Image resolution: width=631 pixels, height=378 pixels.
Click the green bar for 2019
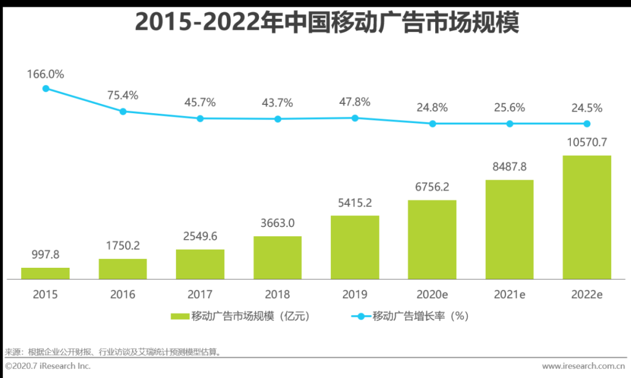355,247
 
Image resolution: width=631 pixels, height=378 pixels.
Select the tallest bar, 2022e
587,217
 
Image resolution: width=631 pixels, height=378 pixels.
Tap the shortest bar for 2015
46,273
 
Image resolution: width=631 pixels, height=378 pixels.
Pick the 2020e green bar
432,240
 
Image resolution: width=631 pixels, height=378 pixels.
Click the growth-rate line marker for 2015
46,89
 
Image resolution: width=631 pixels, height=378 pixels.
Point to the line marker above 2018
278,119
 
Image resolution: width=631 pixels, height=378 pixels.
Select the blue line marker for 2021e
509,124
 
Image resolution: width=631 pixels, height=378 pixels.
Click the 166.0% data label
46,75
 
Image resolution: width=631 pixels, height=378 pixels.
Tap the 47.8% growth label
355,102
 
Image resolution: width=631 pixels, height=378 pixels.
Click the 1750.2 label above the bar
123,246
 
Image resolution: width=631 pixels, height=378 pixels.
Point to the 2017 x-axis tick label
200,295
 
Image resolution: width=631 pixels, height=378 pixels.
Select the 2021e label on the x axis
509,295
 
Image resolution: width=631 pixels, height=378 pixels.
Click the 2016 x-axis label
123,295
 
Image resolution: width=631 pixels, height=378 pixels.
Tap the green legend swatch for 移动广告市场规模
180,317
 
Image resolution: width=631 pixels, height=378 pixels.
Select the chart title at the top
327,23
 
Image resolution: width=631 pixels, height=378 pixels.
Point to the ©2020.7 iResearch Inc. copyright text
48,366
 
